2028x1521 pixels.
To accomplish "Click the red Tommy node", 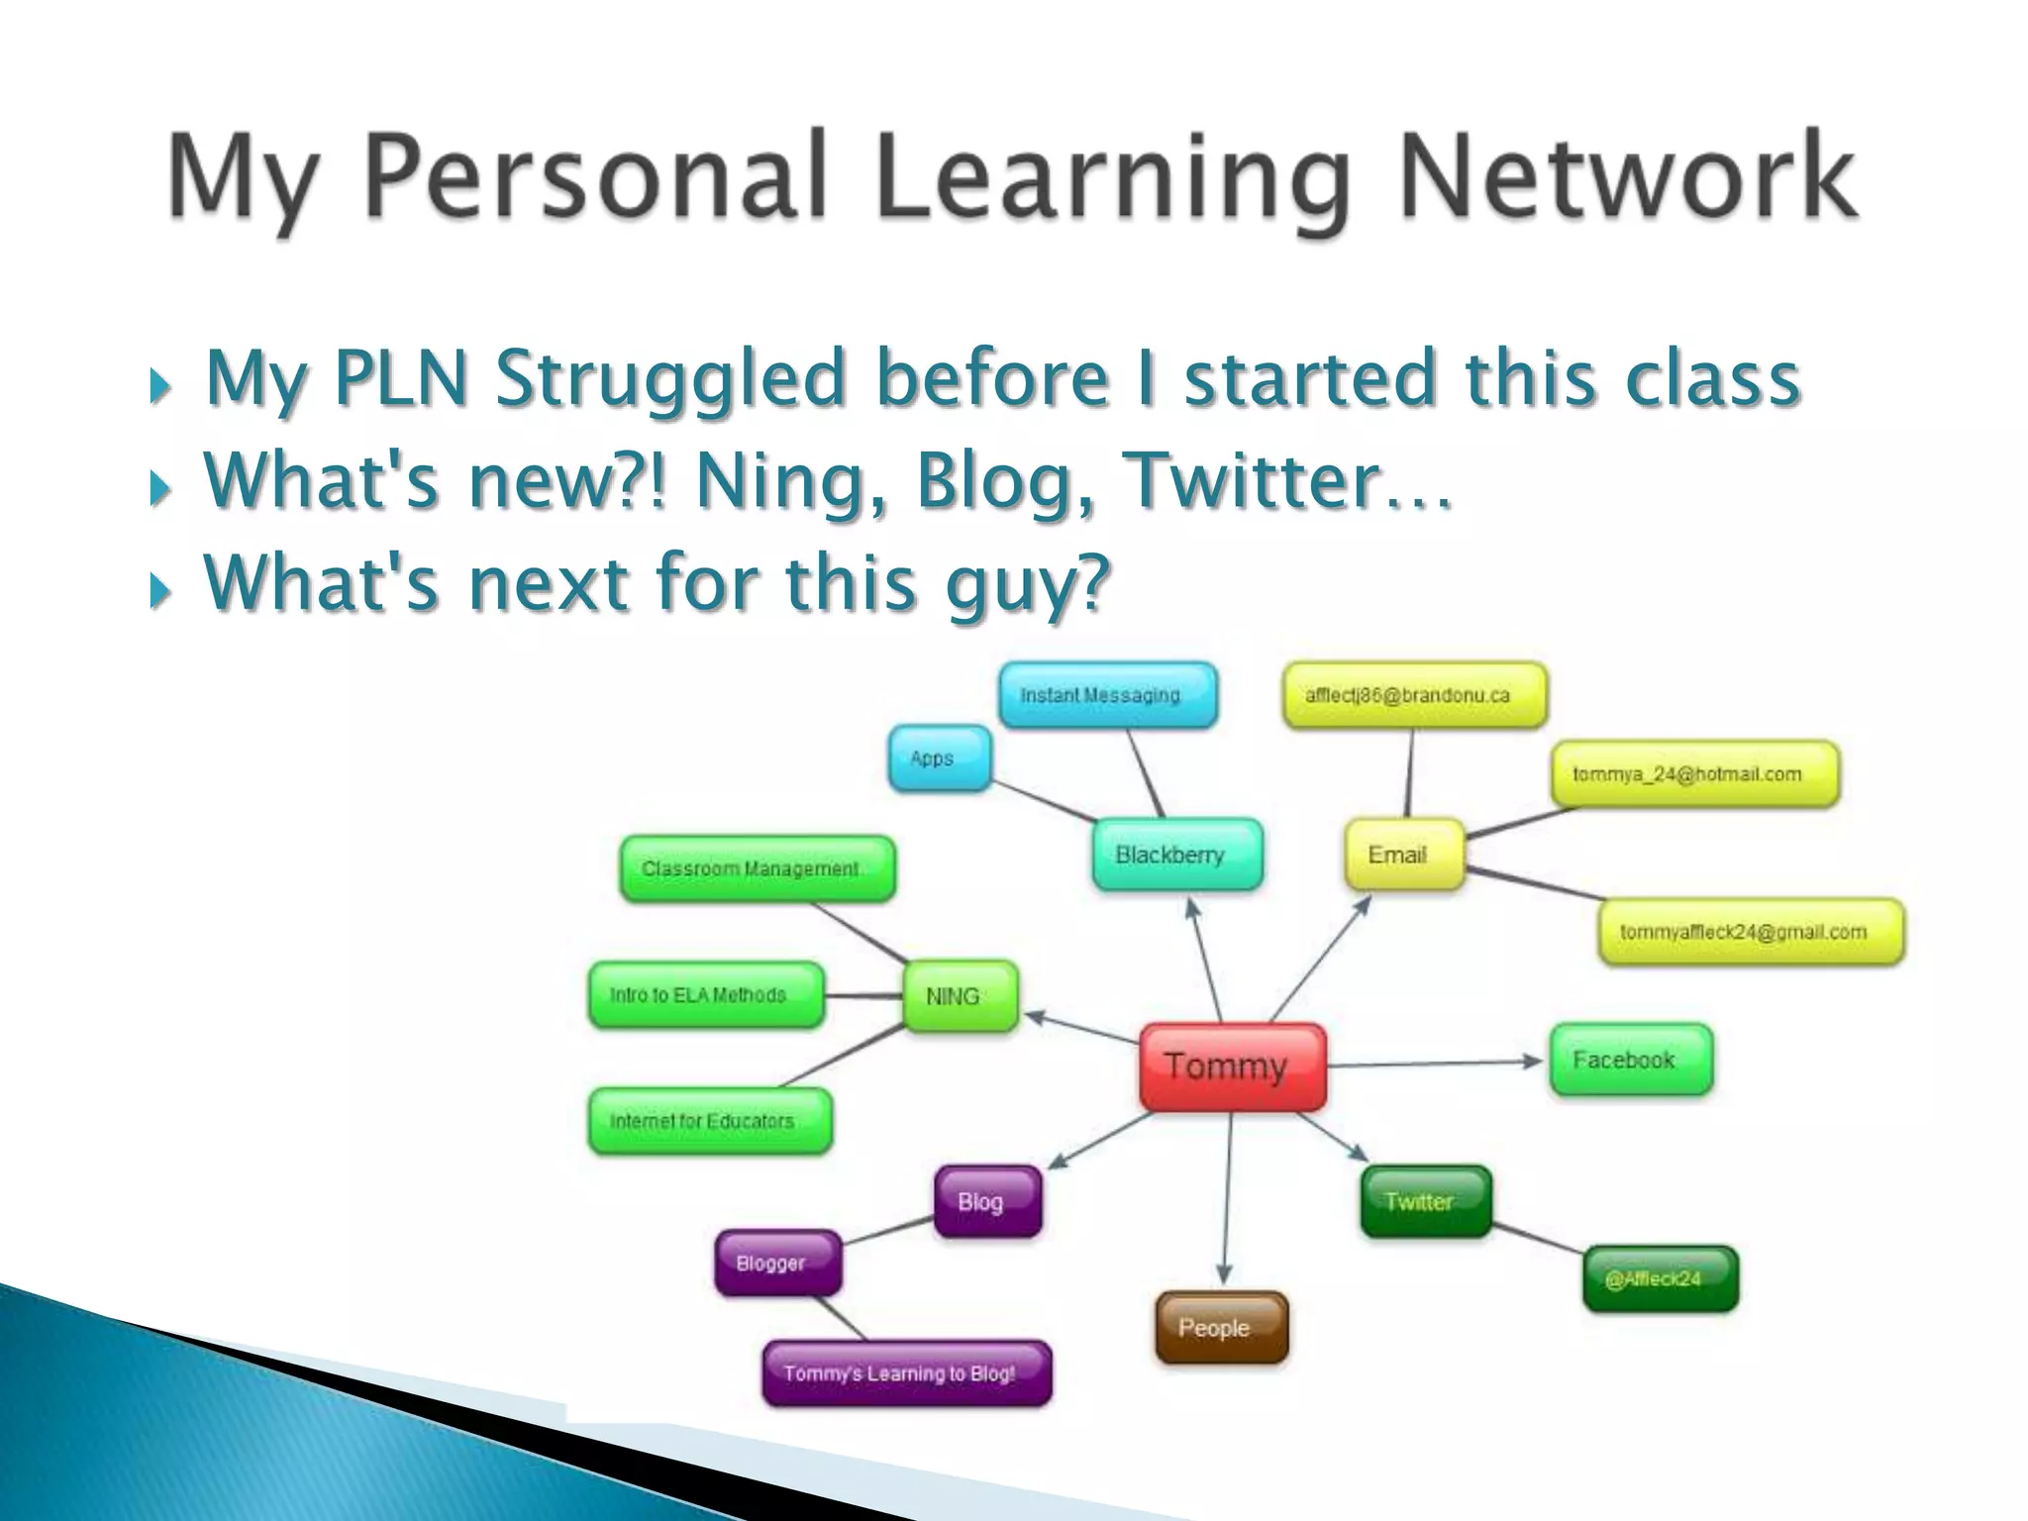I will pos(1232,1066).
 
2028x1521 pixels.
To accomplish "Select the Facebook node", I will pos(1630,1061).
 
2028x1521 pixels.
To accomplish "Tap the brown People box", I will pos(1222,1328).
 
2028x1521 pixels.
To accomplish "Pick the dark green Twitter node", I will pos(1426,1201).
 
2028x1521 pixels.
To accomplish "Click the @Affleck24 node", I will pos(1661,1279).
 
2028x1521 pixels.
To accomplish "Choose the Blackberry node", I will pos(1177,855).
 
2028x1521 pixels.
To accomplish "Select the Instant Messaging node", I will pos(1107,695).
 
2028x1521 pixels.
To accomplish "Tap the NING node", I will pos(960,996).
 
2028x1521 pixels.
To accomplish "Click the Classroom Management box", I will pos(758,868).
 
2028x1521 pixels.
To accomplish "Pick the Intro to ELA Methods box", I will pos(705,995).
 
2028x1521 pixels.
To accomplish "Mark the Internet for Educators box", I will pos(709,1121).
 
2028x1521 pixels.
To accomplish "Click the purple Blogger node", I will pos(777,1264).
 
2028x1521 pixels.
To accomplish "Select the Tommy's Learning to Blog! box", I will pos(906,1373).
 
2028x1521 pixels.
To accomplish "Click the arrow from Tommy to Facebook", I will pos(1436,1063).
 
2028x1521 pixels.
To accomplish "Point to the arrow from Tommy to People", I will pos(1228,1198).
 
